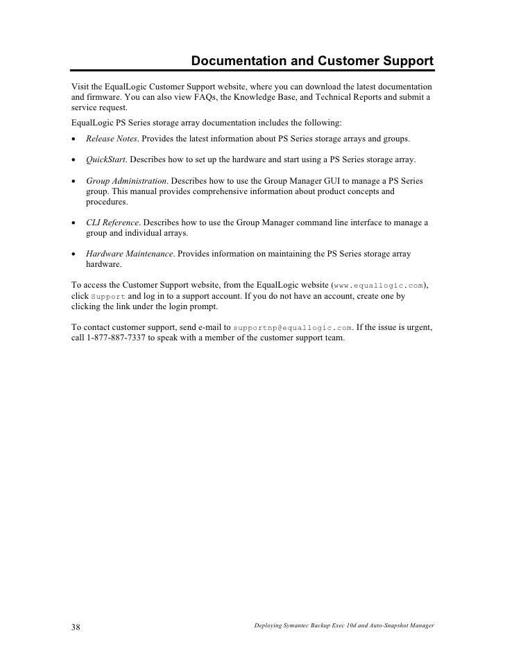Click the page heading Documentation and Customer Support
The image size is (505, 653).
pos(312,62)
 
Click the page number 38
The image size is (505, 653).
pos(76,627)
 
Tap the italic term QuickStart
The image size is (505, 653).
pos(106,159)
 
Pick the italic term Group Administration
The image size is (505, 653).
pos(126,181)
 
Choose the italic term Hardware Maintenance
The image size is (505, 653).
pos(129,254)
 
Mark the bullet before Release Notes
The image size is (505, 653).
pos(74,139)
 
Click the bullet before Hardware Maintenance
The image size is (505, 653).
pos(74,254)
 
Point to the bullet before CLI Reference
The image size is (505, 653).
pos(74,223)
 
